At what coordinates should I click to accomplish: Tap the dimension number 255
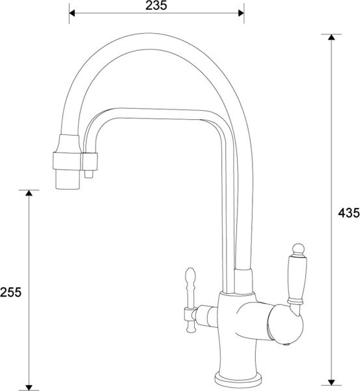tap(12, 292)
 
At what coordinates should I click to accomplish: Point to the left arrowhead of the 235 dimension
tap(73, 12)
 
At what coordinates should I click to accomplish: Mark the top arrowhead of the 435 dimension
tap(331, 38)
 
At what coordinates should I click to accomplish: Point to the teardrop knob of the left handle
tap(191, 280)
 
